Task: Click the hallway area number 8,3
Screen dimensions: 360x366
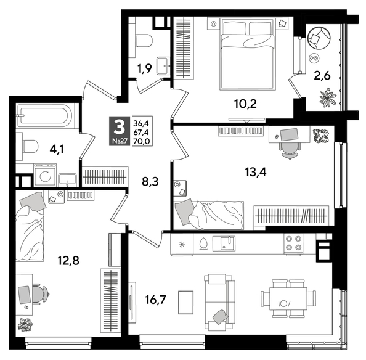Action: [x=151, y=182]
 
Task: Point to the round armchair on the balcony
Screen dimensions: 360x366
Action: [x=320, y=39]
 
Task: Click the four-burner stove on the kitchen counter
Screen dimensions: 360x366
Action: [x=293, y=243]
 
